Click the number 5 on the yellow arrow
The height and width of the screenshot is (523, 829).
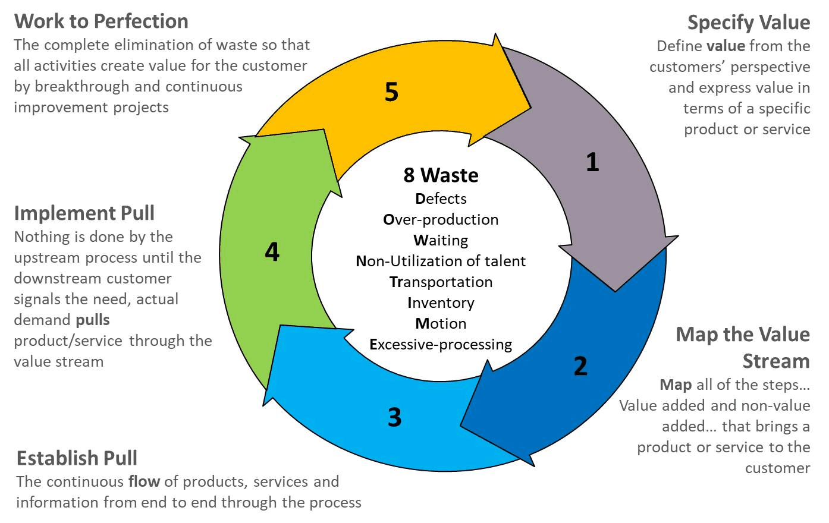pyautogui.click(x=391, y=92)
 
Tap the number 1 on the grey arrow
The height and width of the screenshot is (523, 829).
pyautogui.click(x=592, y=162)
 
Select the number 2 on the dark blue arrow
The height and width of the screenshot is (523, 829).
pyautogui.click(x=580, y=366)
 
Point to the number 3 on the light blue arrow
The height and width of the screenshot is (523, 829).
pyautogui.click(x=395, y=417)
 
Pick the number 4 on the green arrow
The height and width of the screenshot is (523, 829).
pyautogui.click(x=272, y=252)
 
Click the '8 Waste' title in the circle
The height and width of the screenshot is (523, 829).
pyautogui.click(x=441, y=175)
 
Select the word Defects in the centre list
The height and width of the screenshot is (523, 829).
pyautogui.click(x=441, y=199)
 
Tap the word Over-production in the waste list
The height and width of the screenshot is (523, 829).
pyautogui.click(x=441, y=219)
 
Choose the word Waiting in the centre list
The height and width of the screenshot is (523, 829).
pyautogui.click(x=441, y=240)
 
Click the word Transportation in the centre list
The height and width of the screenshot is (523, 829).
pyautogui.click(x=441, y=282)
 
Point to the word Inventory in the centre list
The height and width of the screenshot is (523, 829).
pyautogui.click(x=441, y=303)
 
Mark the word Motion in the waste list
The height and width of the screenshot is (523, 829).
pyautogui.click(x=441, y=323)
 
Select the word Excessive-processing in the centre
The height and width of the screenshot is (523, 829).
pyautogui.click(x=441, y=344)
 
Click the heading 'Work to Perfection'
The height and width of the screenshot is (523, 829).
pyautogui.click(x=101, y=21)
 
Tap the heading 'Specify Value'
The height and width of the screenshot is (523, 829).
pyautogui.click(x=748, y=23)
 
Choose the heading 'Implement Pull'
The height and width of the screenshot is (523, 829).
pyautogui.click(x=84, y=213)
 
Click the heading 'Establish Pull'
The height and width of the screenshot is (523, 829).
pyautogui.click(x=77, y=458)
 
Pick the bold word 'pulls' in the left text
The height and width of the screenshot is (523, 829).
pyautogui.click(x=93, y=320)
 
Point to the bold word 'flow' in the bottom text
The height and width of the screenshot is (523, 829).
pyautogui.click(x=144, y=481)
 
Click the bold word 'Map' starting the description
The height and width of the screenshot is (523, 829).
pyautogui.click(x=675, y=385)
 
